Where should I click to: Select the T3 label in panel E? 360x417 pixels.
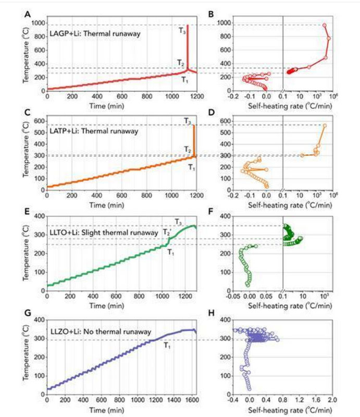pyautogui.click(x=179, y=222)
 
